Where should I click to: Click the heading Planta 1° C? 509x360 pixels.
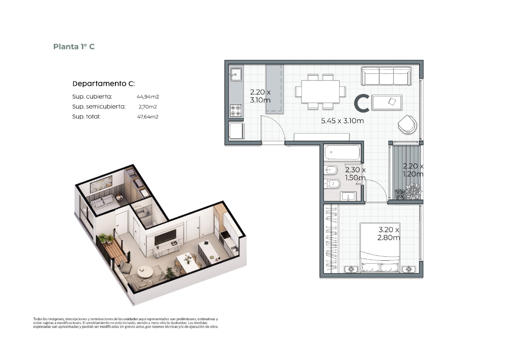coord(74,46)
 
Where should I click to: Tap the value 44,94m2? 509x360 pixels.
coord(148,97)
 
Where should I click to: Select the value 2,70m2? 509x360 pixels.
coord(148,107)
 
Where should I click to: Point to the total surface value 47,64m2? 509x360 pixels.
coord(148,117)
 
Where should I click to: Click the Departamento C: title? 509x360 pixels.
coord(104,84)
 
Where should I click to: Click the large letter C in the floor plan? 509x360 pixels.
coord(361,103)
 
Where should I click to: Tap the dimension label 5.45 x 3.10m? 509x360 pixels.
coord(342,121)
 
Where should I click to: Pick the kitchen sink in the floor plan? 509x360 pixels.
coord(236,74)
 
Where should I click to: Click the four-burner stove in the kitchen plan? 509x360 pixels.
coord(236,110)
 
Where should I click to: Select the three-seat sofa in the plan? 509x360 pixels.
coord(386,76)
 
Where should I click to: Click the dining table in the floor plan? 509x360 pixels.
coord(320,92)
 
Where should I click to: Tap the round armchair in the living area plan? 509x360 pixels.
coord(408,124)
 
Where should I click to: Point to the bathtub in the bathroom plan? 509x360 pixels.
coord(342,152)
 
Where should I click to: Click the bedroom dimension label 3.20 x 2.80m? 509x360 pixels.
coord(388,234)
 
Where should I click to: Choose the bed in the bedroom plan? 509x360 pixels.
coord(380,248)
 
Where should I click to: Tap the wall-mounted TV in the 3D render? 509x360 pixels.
coord(165,237)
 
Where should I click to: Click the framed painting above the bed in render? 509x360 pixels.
coord(101,184)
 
